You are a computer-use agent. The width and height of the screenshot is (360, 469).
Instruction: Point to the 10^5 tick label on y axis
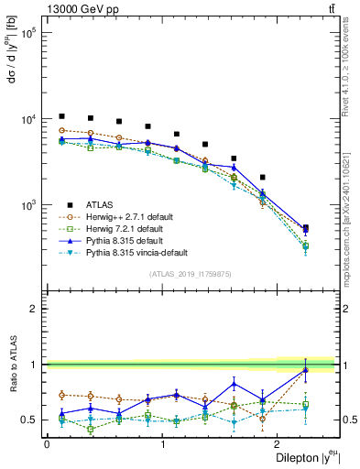tap(27, 33)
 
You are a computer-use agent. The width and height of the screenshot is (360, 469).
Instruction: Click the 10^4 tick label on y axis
tap(27, 119)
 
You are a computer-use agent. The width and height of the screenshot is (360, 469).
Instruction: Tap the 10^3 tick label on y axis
tap(27, 205)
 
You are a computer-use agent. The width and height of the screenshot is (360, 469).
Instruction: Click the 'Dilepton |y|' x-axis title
tap(304, 458)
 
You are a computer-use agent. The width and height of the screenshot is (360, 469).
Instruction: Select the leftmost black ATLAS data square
tap(61, 116)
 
